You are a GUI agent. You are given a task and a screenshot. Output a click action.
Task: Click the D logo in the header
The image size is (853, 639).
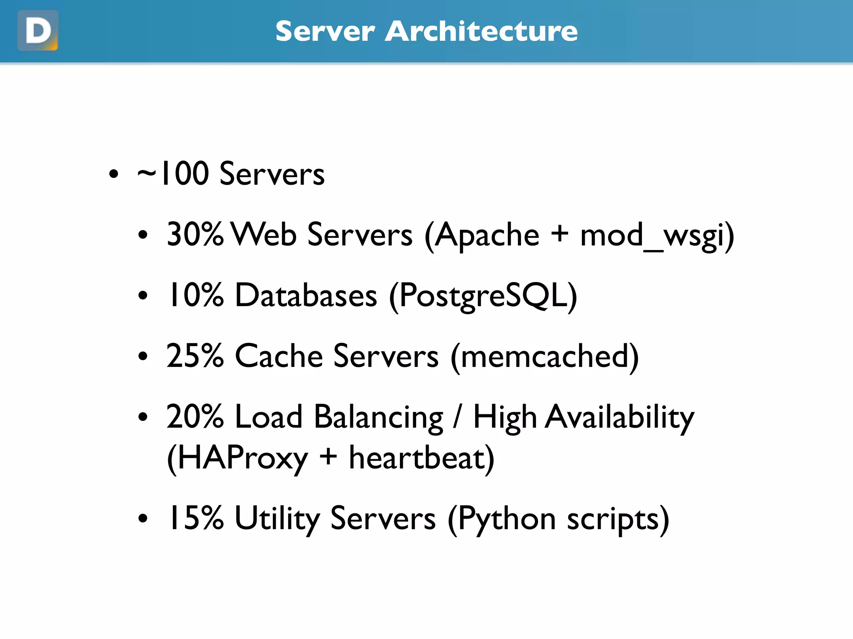click(x=38, y=31)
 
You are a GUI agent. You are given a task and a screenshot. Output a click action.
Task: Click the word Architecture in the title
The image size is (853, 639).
click(x=481, y=31)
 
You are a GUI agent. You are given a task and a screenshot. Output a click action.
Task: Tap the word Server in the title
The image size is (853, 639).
click(x=325, y=31)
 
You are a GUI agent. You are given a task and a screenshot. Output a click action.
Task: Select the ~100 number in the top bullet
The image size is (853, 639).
click(x=173, y=173)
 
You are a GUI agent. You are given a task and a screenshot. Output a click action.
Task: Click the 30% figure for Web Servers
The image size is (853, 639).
click(x=195, y=234)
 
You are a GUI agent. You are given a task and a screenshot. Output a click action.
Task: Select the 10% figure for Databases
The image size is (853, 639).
click(x=195, y=295)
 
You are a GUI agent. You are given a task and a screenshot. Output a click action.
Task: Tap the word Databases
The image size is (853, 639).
click(x=306, y=295)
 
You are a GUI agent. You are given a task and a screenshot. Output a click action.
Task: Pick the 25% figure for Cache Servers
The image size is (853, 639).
click(x=195, y=356)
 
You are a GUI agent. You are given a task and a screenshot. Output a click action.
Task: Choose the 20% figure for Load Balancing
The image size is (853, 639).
click(x=195, y=416)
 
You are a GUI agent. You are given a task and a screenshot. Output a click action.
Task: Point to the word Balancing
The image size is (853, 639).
click(x=379, y=417)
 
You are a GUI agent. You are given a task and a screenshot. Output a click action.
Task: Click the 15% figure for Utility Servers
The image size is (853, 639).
click(x=195, y=518)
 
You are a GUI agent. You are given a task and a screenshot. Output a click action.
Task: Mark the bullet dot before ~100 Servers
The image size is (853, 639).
click(x=113, y=174)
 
